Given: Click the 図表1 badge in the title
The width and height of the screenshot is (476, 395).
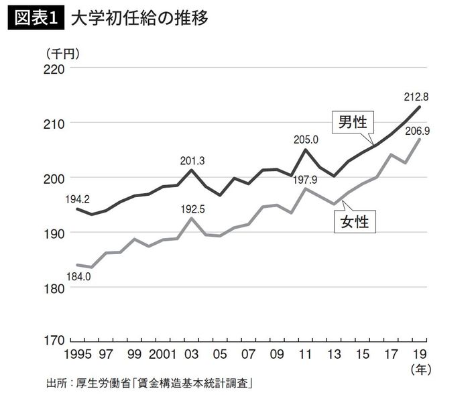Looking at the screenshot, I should tap(35, 18).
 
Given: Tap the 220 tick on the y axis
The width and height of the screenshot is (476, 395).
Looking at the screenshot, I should tap(54, 68).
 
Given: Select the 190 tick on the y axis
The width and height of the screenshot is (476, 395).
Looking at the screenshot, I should tap(54, 233).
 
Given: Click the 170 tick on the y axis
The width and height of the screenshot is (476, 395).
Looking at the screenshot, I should tap(54, 341).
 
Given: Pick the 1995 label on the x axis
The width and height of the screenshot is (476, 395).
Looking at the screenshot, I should tap(78, 353).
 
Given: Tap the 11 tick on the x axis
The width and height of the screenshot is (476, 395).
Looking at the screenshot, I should tap(305, 353).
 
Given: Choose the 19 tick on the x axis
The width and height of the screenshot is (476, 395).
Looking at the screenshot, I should tap(418, 353).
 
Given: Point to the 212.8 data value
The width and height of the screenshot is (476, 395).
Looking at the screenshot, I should tap(416, 97).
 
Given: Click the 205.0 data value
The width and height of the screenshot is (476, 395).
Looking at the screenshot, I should tap(306, 139).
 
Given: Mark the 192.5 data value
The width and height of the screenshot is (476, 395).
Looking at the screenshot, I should tap(192, 209).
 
